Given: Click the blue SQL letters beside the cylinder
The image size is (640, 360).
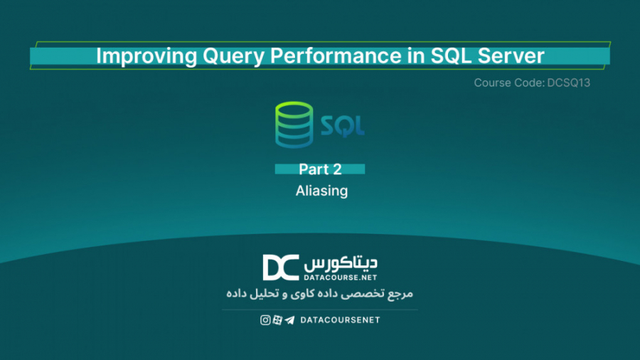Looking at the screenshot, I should coord(342,127).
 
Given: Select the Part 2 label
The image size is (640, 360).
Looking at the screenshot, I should coord(320,169).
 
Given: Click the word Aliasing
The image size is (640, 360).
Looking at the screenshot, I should coord(321,191).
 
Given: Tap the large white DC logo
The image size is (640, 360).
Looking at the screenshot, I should coord(280,268).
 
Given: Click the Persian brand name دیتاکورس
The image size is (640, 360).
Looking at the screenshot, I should coord(341,261).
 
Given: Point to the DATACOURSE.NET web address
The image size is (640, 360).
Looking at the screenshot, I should coord(341,276).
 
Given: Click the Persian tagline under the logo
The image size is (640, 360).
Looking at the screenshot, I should coord(319,293).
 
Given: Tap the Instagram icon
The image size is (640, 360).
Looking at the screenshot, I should coord(265,320).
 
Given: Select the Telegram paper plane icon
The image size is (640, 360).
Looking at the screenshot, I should coord(289,320).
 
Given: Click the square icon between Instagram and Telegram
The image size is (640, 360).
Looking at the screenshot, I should coord(277,320).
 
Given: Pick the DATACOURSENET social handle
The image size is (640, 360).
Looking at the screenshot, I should coord(340,320).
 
